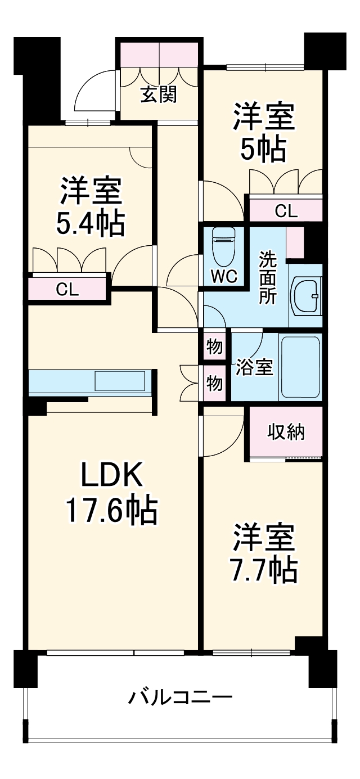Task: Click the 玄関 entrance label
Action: [159, 95]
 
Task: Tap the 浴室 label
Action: [254, 368]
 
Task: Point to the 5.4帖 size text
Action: [90, 223]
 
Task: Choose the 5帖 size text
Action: [263, 150]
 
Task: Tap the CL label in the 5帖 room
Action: [285, 211]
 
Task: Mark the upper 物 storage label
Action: [214, 347]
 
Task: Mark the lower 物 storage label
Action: [214, 384]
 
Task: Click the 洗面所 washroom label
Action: [267, 278]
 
